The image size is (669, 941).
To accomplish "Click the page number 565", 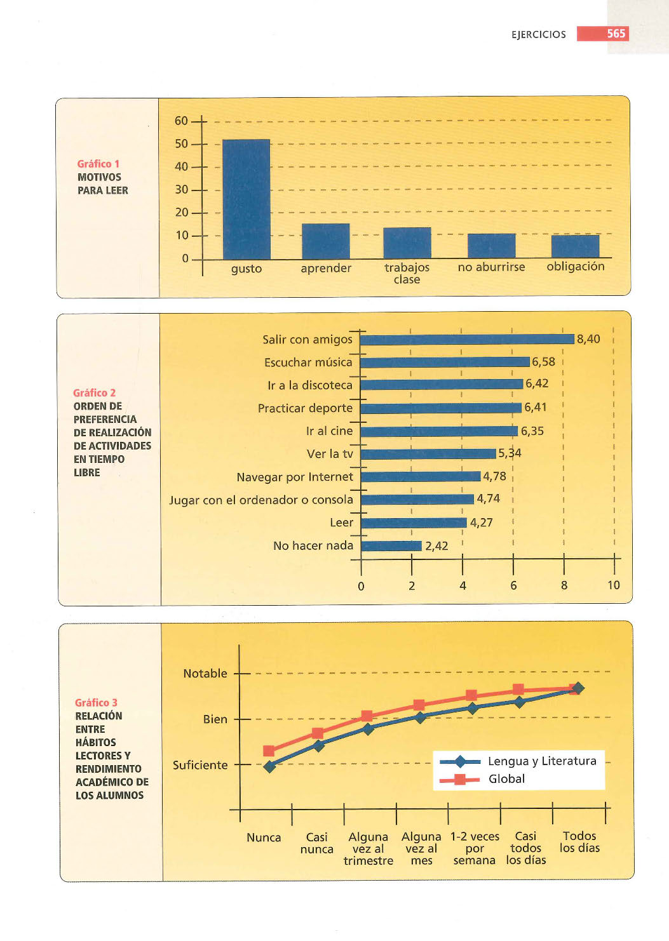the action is point(616,34).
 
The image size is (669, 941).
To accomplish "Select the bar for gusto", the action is point(247,199).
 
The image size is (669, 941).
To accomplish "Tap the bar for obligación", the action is point(576,246).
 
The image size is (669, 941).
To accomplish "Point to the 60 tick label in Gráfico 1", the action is point(181,121).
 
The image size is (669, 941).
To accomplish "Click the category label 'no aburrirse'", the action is point(491,267).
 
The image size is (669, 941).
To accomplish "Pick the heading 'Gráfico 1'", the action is point(98,164).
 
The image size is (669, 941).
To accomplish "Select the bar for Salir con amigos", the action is point(468,340).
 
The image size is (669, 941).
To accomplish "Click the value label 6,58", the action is point(543,362).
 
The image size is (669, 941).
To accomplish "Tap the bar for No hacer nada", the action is point(391,545).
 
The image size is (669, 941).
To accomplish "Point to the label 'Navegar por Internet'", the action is point(295,477).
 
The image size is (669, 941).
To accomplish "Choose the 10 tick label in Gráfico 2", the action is point(614,585).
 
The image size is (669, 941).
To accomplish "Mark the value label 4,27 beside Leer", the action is point(481,523).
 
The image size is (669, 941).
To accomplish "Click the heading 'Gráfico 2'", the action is point(94,393).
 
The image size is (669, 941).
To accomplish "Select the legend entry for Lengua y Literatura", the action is point(518,761).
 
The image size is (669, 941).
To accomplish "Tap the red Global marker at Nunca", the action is point(269,751).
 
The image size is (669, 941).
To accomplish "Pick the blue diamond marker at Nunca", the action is point(270,767).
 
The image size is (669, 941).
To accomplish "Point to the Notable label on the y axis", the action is point(205,674).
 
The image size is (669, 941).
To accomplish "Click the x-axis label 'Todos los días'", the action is point(579,842).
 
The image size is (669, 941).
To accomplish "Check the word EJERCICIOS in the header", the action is point(539,34).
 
